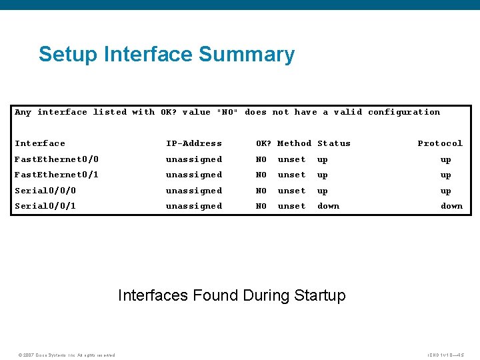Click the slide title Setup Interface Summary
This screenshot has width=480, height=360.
(x=167, y=54)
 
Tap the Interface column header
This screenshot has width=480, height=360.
(x=40, y=143)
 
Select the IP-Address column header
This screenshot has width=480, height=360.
(x=194, y=143)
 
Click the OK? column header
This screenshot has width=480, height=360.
(x=264, y=143)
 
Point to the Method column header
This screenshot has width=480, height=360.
(x=294, y=143)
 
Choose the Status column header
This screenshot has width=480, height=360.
(x=333, y=143)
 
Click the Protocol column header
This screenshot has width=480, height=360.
(x=440, y=143)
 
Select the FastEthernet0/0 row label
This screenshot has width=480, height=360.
(x=57, y=159)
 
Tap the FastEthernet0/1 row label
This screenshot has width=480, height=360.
(x=57, y=175)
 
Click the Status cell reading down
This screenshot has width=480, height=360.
(x=328, y=206)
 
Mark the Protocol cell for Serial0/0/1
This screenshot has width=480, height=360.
(x=451, y=206)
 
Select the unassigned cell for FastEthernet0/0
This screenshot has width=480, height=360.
(x=194, y=159)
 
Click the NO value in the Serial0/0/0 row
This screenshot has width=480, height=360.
(x=261, y=191)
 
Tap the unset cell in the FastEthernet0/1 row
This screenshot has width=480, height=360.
(x=291, y=175)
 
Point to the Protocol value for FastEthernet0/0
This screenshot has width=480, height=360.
(x=445, y=159)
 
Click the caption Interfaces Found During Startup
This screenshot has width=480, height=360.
(x=232, y=295)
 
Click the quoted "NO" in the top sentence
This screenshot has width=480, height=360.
(x=227, y=112)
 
